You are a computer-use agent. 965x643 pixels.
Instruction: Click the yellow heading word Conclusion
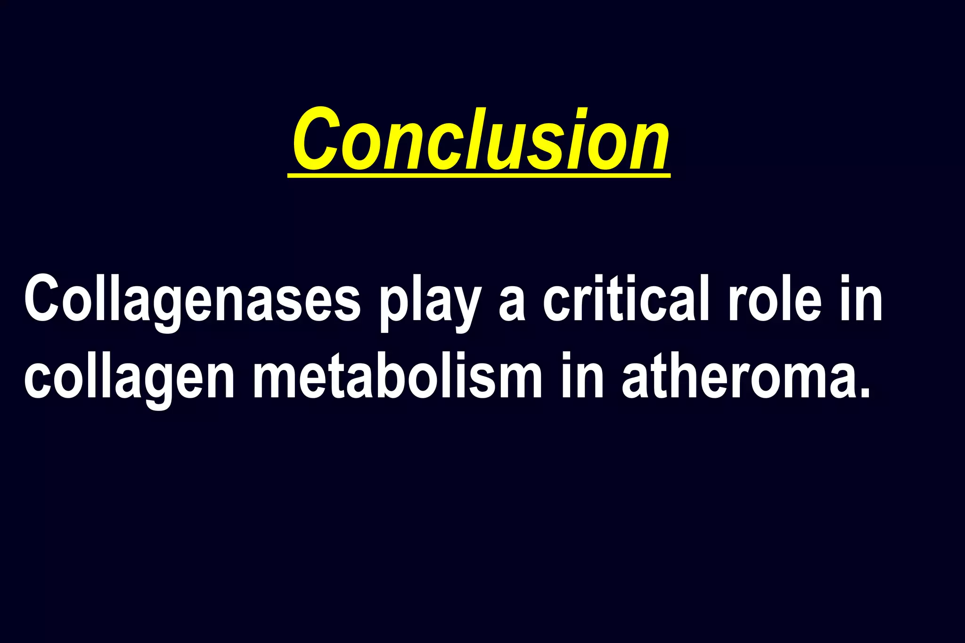(480, 139)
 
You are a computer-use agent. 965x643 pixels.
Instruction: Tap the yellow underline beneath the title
(479, 176)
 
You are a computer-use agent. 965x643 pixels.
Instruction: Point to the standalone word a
(512, 306)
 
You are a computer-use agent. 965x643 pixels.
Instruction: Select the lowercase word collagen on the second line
(129, 379)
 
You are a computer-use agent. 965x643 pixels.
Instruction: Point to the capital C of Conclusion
(316, 139)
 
